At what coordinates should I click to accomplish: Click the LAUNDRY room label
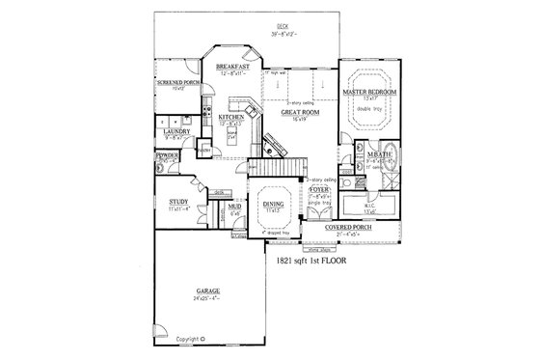176,130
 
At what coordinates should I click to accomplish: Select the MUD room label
234,207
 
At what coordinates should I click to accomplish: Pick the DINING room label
274,204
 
